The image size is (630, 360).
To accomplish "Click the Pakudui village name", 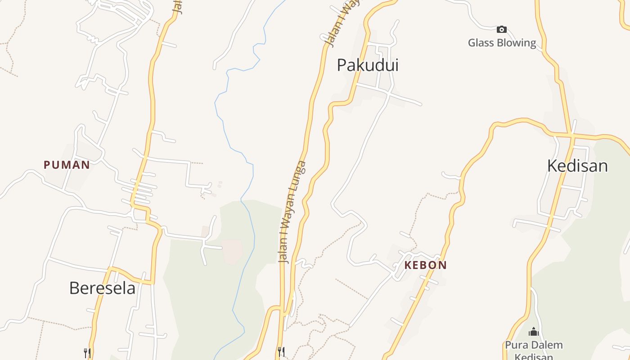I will coord(368,65).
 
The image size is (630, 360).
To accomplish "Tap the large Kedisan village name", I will coord(577,166).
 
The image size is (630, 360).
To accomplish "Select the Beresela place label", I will coord(102,288).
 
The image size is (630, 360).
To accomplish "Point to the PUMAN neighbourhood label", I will coord(67,165).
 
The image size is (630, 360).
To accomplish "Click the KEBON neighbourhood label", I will coord(425,265).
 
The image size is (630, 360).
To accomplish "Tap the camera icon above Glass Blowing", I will coord(501,30).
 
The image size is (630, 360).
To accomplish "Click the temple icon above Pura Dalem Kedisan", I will coord(533,332).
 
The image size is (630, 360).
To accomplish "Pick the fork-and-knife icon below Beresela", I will coord(87,353).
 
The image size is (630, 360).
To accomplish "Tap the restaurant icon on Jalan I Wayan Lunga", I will coord(281,351).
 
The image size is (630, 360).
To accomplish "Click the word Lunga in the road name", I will coord(301,175).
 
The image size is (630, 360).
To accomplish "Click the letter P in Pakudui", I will coord(342,65).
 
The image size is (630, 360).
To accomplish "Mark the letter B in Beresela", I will coord(74,288).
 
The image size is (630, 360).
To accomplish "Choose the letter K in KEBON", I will coord(408,265).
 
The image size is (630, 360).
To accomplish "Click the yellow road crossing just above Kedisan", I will coord(571,135).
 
